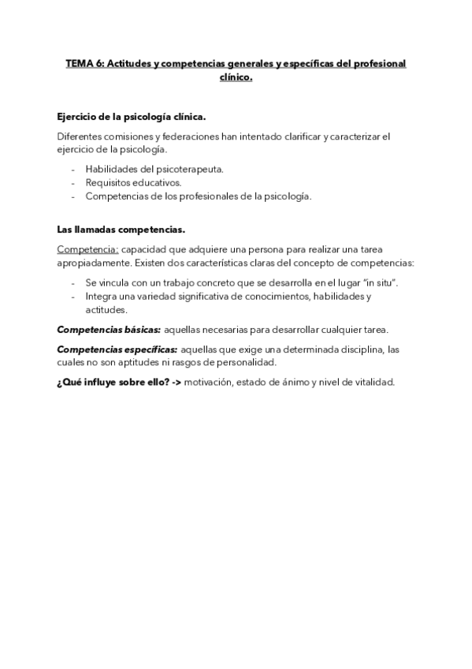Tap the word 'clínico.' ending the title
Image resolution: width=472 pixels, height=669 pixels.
(x=235, y=77)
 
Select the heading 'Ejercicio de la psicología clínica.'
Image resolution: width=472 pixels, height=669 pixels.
(x=132, y=117)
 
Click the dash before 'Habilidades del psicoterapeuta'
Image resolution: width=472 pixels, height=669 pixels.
(x=73, y=169)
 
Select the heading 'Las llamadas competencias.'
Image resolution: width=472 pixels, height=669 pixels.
(x=121, y=230)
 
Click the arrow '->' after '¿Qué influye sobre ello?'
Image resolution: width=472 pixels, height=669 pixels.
(x=173, y=383)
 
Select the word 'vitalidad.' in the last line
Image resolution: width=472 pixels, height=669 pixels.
(x=370, y=383)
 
